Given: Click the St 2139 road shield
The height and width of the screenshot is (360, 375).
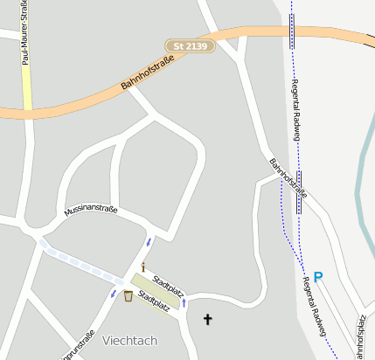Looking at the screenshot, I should click(190, 45).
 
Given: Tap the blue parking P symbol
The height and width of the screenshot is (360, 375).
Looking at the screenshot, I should click(318, 277).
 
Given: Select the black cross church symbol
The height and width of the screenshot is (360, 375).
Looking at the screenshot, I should click(207, 319).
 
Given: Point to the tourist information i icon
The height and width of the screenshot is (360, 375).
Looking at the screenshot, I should click(143, 267).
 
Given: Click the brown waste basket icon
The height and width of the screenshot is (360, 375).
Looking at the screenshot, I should click(128, 296).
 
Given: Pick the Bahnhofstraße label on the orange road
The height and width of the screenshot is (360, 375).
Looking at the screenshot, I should click(148, 72).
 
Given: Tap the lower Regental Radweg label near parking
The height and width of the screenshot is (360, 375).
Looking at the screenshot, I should click(314, 306).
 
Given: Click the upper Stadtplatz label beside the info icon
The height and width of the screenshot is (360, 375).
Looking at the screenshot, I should click(168, 284).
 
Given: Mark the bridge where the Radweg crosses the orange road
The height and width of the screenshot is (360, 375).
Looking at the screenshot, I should click(292, 34).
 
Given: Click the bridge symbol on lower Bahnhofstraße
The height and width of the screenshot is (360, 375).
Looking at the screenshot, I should click(299, 192).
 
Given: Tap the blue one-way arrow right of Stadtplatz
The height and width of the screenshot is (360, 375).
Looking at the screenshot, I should click(184, 302).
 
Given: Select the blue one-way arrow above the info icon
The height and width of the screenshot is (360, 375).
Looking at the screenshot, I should click(149, 242).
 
